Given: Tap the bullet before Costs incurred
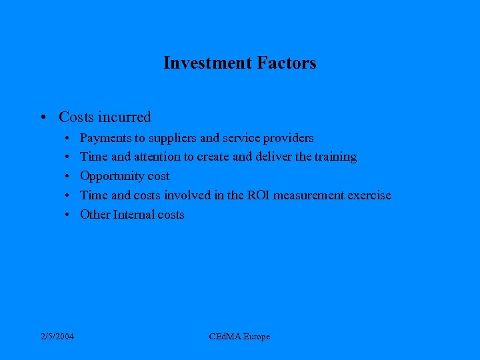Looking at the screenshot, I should point(42,118).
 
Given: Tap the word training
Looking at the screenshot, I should point(335,157).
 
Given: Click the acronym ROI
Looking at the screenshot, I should point(256,195).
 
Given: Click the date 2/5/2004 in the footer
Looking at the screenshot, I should point(57,337).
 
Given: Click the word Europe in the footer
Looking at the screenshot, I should point(256,337).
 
